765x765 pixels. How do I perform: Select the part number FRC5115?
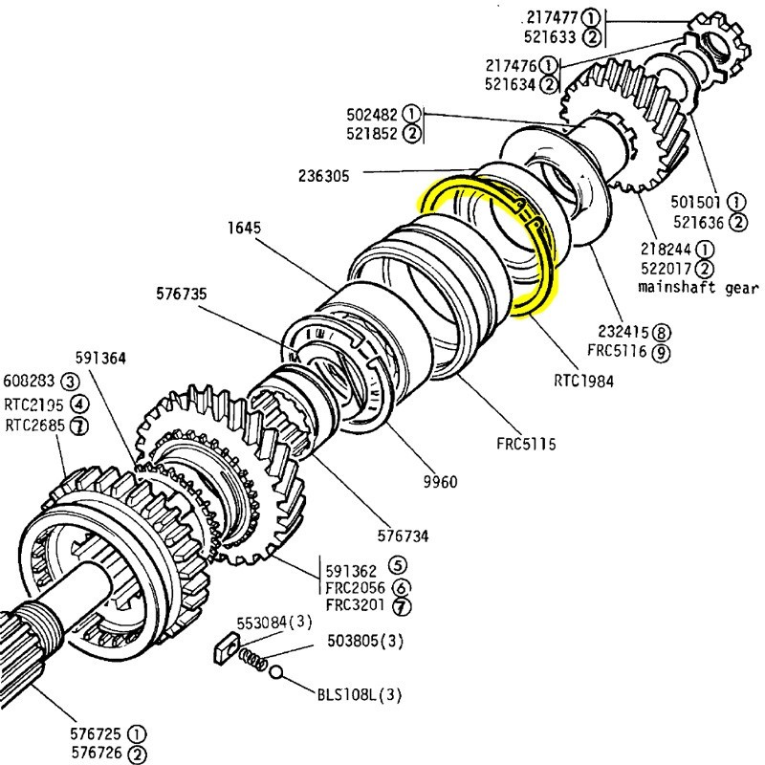526,444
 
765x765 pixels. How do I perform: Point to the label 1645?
244,229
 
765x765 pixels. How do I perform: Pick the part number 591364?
102,358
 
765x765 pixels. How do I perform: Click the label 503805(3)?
366,641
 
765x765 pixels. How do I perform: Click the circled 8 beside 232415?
663,333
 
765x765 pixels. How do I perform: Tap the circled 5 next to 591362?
397,565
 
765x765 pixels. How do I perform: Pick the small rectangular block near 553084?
221,648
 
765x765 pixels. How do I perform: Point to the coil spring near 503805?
253,659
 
